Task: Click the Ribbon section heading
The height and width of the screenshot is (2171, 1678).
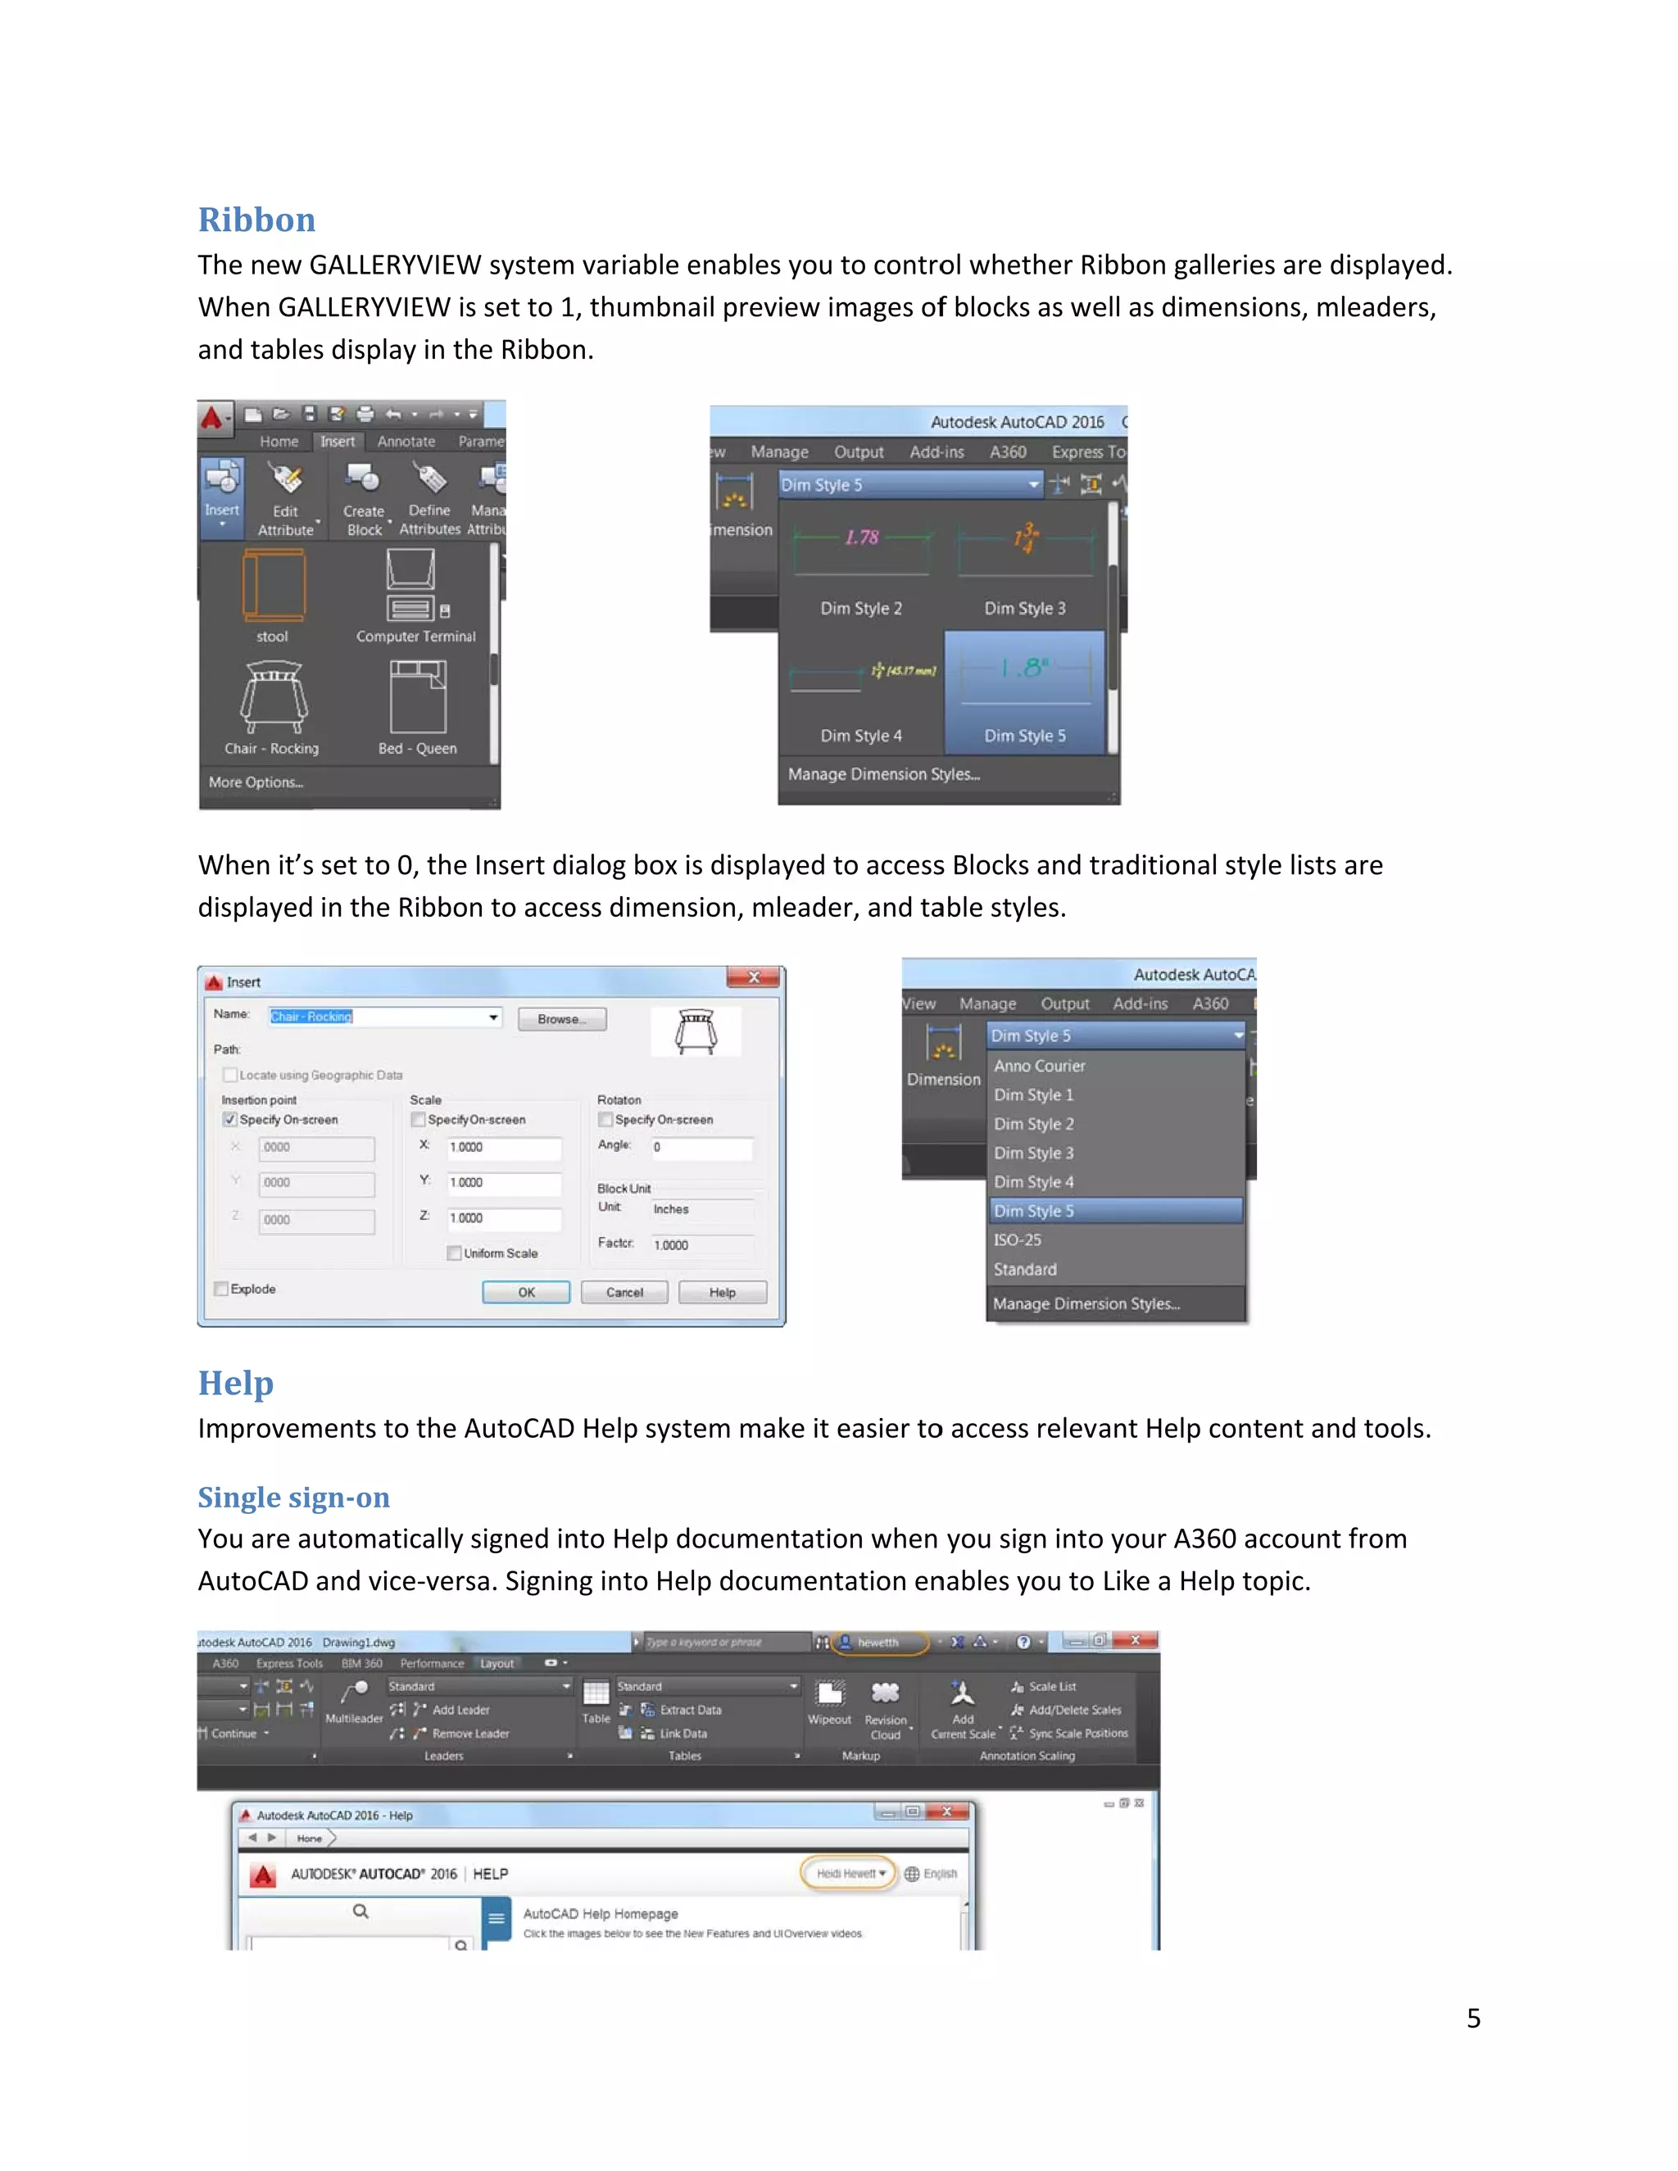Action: tap(256, 220)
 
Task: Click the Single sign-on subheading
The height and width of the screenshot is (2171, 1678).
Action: tap(293, 1496)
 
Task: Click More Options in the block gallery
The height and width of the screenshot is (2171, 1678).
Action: tap(256, 782)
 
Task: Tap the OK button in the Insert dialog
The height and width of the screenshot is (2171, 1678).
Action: tap(526, 1292)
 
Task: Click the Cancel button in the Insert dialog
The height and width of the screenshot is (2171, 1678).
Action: tap(624, 1292)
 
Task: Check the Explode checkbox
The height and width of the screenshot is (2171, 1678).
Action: tap(222, 1289)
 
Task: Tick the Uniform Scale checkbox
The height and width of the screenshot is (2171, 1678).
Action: tap(454, 1253)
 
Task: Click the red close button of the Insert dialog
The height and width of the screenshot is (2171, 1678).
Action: tap(754, 978)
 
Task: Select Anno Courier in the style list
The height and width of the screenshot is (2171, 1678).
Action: tap(1039, 1066)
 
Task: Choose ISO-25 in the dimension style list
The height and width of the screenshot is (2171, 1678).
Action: tap(1017, 1240)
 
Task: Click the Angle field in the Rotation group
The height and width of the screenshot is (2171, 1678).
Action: tap(701, 1147)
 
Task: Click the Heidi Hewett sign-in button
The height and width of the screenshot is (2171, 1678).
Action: tap(848, 1874)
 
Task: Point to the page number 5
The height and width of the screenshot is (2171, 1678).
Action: tap(1473, 2019)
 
